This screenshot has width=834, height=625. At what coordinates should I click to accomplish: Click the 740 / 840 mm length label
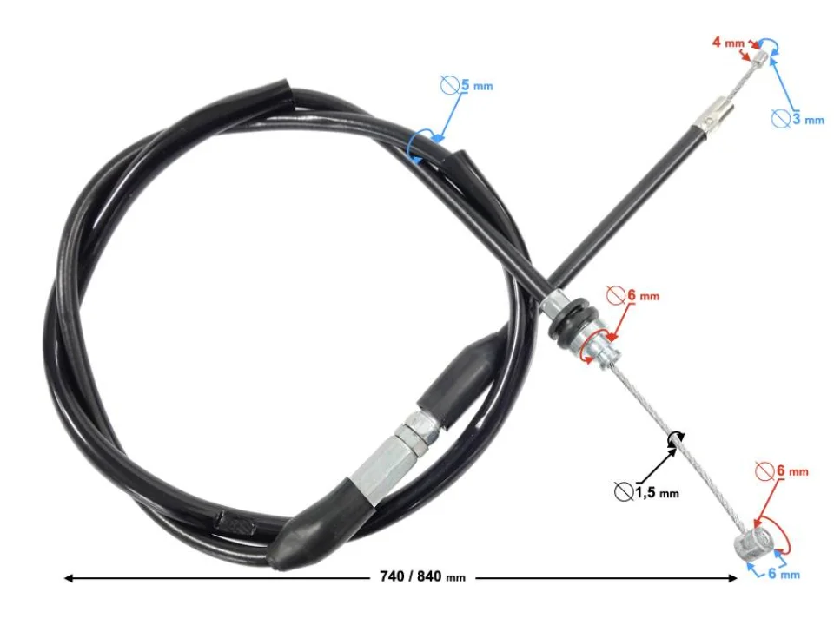point(422,576)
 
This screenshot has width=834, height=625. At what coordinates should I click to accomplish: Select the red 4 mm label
point(728,42)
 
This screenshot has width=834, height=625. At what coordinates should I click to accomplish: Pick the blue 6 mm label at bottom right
point(784,574)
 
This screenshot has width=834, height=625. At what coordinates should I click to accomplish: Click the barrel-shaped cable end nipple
point(753,543)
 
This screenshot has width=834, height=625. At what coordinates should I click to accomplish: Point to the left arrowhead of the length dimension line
point(68,578)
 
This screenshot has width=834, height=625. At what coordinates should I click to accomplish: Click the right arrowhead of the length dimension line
point(732,578)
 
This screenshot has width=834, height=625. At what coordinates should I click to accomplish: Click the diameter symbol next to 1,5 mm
point(623,491)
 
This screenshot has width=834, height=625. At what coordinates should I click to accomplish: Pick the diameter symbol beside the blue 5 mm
point(449,84)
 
